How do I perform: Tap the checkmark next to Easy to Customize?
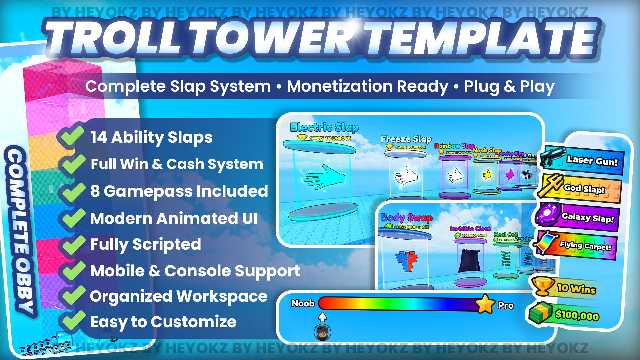point(71,321)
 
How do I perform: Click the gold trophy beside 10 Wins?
point(543,285)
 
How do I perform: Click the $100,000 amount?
point(577,315)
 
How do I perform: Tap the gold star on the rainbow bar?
point(485,304)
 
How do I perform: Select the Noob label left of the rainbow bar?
point(303,303)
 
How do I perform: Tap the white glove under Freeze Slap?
point(406,176)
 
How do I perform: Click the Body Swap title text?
point(406,218)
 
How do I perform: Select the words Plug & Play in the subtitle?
point(509,87)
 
